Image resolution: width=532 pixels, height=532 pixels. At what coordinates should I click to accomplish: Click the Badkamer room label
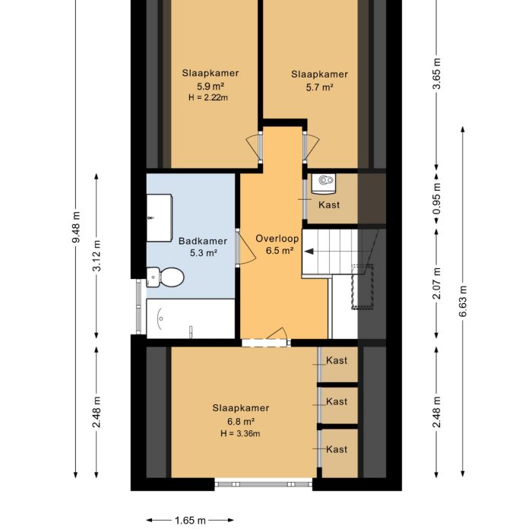tap(198, 242)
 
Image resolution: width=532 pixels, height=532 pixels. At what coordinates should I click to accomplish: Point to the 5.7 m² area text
tap(319, 87)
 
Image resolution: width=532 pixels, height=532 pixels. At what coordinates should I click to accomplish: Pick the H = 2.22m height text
tap(208, 97)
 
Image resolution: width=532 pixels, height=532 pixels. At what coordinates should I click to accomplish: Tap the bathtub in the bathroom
tap(191, 318)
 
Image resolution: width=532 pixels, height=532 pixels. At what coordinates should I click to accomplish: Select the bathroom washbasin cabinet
tap(160, 217)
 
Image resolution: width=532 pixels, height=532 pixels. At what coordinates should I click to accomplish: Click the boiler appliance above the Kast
tap(326, 181)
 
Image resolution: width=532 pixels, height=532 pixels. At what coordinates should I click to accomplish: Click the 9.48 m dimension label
tap(76, 227)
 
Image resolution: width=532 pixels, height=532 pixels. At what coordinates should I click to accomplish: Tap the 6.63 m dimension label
tap(462, 302)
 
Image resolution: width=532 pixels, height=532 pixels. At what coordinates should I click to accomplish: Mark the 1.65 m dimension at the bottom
tap(189, 521)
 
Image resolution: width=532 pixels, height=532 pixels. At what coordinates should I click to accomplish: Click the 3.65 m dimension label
tap(437, 74)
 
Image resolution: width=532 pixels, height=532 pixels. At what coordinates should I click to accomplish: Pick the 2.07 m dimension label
tap(437, 283)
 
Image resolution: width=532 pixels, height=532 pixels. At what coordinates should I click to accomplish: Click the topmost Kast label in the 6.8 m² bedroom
tap(337, 359)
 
